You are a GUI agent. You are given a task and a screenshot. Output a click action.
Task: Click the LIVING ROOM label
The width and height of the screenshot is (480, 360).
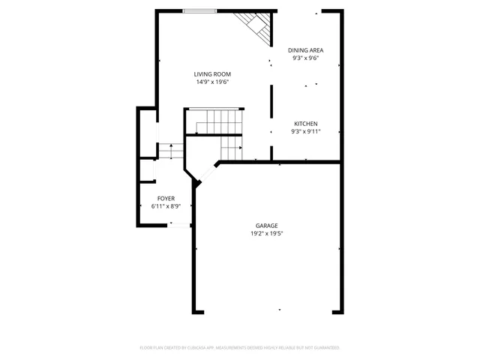[212, 74]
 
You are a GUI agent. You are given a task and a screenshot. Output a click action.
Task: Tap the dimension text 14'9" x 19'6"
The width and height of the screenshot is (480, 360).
[212, 82]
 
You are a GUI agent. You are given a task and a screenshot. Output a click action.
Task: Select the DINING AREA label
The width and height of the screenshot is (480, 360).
[306, 50]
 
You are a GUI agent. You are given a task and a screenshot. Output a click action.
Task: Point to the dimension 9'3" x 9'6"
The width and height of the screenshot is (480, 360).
[306, 58]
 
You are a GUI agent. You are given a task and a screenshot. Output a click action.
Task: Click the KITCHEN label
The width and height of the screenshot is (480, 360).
[305, 124]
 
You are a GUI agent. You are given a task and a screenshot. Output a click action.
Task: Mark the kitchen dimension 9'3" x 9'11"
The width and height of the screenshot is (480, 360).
[305, 131]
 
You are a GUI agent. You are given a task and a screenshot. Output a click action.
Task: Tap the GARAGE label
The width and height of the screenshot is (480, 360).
[266, 226]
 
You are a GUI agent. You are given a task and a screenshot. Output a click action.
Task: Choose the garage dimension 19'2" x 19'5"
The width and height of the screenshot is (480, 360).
[266, 233]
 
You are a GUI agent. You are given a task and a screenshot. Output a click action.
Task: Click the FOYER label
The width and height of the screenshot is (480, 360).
[166, 198]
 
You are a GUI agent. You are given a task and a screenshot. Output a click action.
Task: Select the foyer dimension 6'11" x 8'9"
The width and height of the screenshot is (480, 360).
[166, 205]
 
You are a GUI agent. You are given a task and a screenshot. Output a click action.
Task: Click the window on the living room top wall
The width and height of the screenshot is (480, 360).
[200, 10]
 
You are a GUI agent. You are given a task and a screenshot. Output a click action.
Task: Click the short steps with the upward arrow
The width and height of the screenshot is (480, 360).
[170, 151]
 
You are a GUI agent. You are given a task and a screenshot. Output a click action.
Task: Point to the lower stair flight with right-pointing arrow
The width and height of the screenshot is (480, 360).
[231, 148]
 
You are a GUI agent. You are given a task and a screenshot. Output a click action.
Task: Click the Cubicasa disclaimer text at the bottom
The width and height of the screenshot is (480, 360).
[240, 348]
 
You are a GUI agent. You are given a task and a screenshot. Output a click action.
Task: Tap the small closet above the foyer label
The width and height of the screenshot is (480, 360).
[147, 170]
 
